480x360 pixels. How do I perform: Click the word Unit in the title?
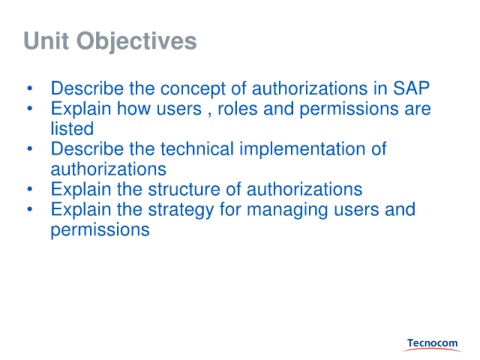tap(46, 41)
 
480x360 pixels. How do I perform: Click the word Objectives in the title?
tap(137, 42)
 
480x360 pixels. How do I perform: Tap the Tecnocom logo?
tap(432, 345)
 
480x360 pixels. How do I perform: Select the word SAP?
tap(411, 88)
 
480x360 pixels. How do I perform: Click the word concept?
tap(193, 89)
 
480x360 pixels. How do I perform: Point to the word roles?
tap(237, 109)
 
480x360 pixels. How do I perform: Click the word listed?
tap(72, 129)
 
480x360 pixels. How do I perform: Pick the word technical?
tap(197, 149)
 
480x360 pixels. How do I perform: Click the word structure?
tap(184, 189)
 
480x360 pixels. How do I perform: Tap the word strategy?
tap(181, 210)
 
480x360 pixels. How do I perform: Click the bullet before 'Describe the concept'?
tap(30, 89)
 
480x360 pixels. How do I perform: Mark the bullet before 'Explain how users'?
tap(30, 109)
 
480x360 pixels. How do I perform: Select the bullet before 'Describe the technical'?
tap(30, 149)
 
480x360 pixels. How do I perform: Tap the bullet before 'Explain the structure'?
tap(30, 189)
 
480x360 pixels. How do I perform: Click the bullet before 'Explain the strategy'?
tap(30, 209)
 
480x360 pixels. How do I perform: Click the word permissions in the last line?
tap(100, 231)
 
